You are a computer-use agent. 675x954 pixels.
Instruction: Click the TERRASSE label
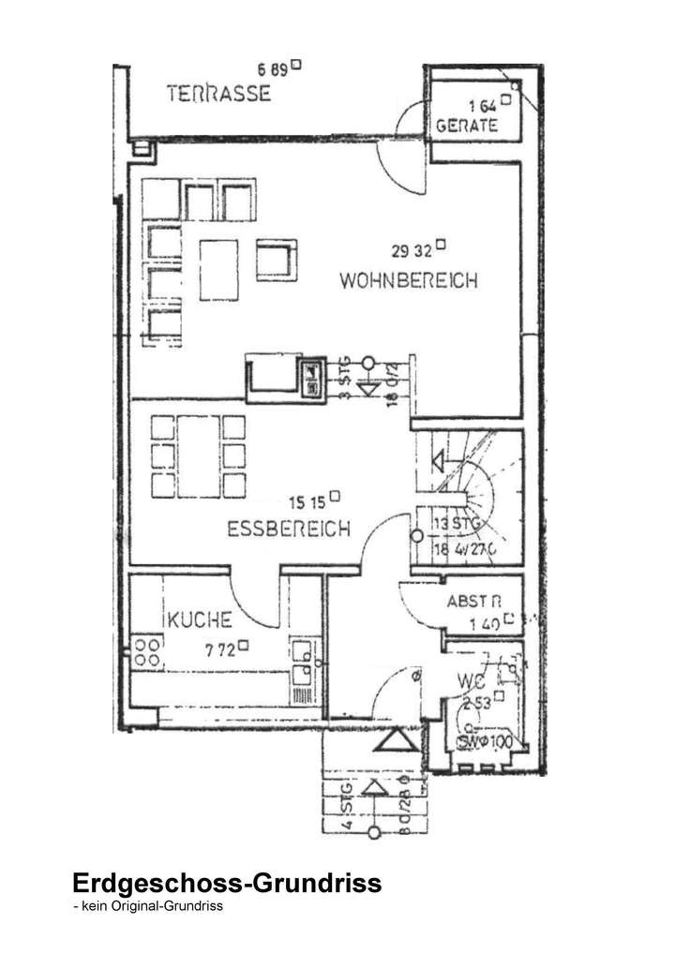pyautogui.click(x=218, y=93)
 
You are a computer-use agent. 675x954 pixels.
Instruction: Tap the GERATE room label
pyautogui.click(x=466, y=127)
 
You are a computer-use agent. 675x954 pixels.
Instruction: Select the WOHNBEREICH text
pyautogui.click(x=409, y=279)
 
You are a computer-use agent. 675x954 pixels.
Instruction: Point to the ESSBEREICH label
pyautogui.click(x=289, y=529)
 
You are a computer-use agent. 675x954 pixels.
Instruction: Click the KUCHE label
pyautogui.click(x=200, y=619)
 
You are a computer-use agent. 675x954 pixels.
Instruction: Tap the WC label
pyautogui.click(x=472, y=680)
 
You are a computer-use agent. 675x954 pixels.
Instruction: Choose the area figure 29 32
pyautogui.click(x=411, y=249)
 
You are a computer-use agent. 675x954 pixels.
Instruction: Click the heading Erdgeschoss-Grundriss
pyautogui.click(x=227, y=884)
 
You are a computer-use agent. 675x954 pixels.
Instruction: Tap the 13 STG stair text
pyautogui.click(x=457, y=524)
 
